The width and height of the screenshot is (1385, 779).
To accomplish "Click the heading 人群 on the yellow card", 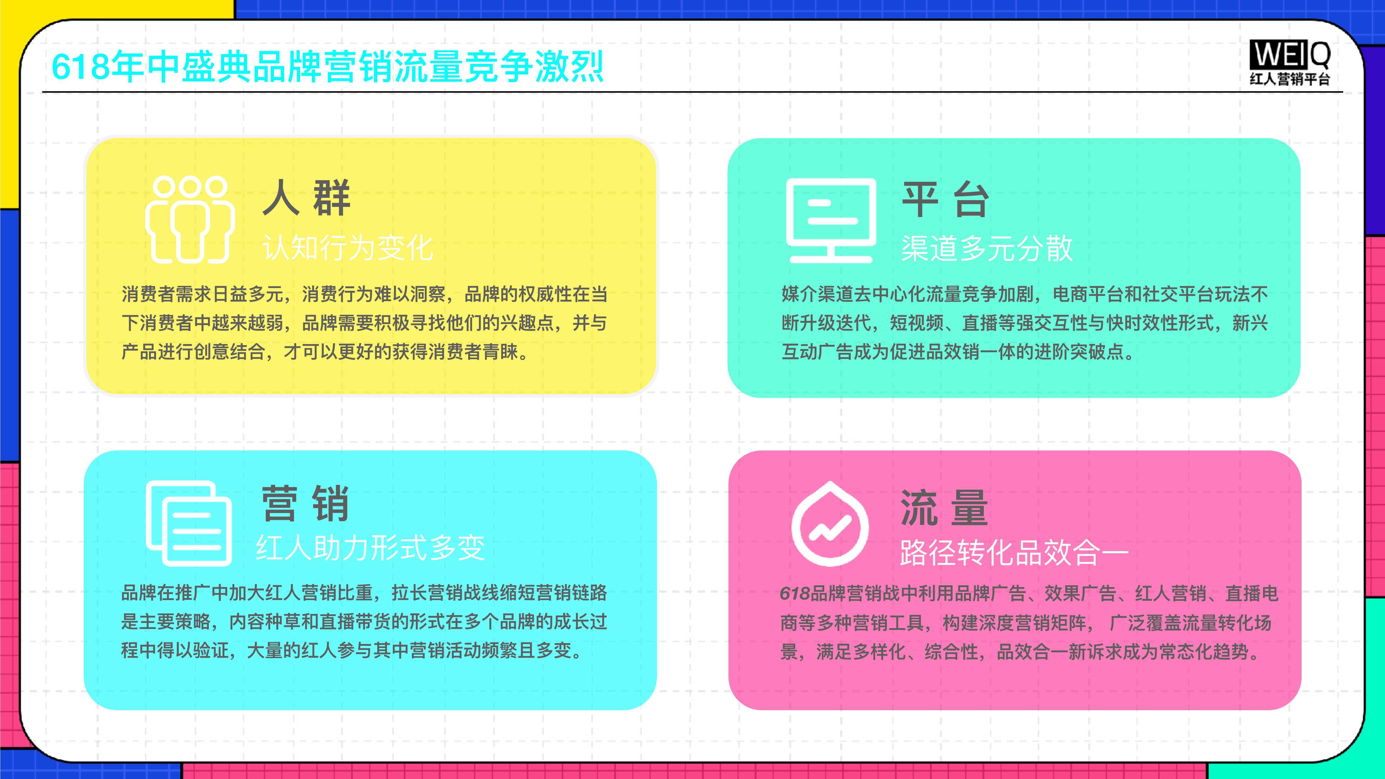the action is pos(306,198).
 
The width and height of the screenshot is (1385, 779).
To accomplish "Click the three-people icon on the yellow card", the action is pos(190,219).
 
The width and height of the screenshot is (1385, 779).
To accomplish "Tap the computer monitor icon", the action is pos(831,220).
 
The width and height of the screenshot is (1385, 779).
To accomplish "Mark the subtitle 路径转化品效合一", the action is pos(1014,552).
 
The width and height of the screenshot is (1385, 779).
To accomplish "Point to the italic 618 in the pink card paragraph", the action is pos(795,594).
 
